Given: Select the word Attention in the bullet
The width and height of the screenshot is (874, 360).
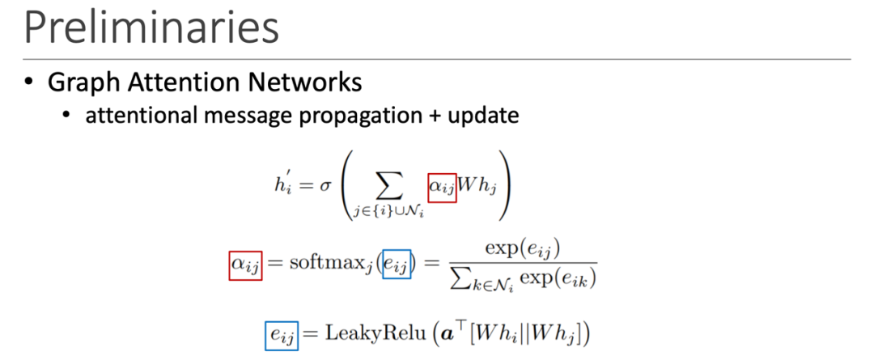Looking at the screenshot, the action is pos(180,83).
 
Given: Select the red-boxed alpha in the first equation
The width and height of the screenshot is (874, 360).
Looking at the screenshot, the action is pos(442,187).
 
